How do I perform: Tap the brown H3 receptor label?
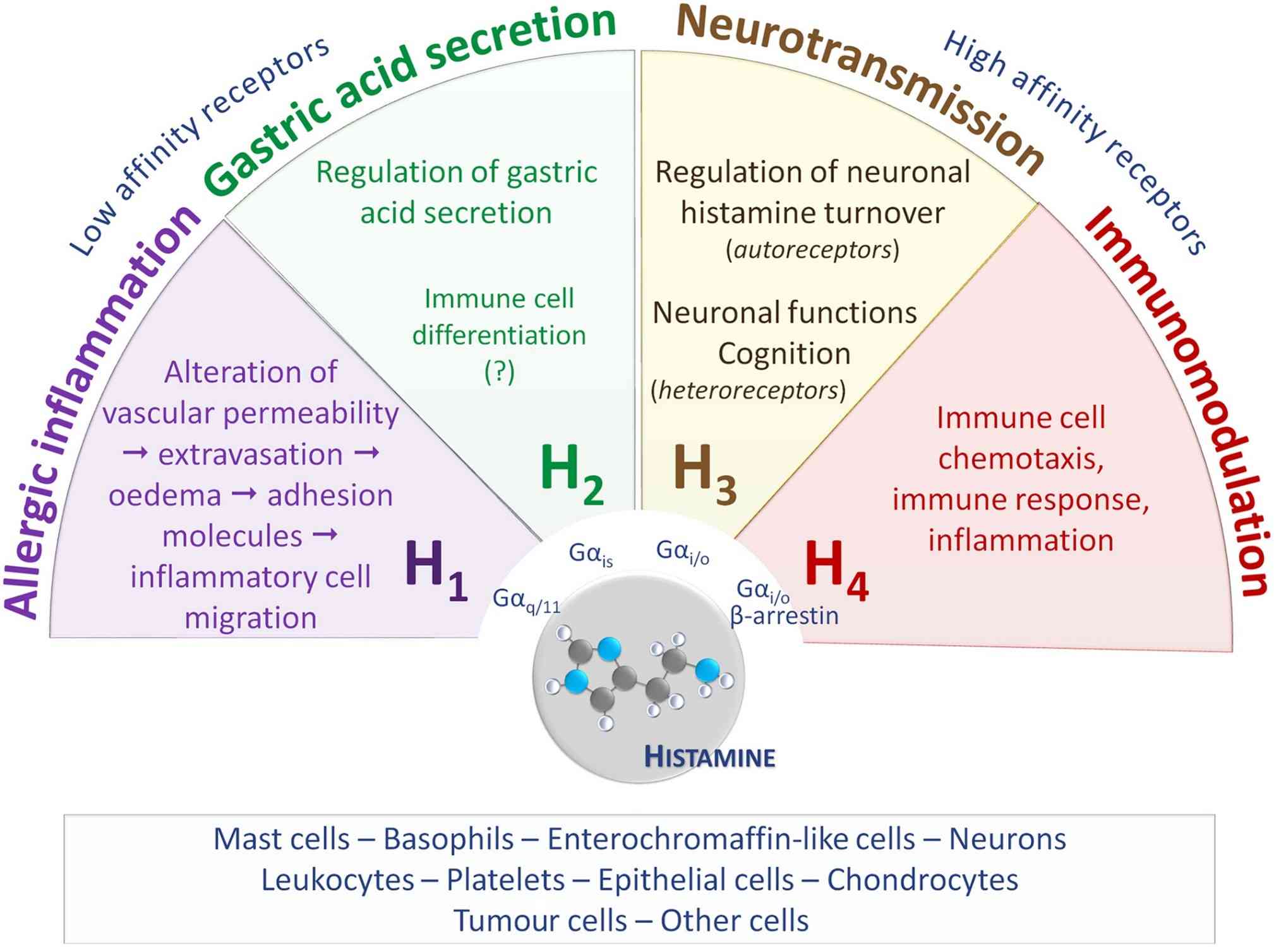point(705,474)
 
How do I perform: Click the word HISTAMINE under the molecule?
point(709,757)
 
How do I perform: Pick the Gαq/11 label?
point(526,600)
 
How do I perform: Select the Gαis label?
point(591,555)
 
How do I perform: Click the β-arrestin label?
point(784,615)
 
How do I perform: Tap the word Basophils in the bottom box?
point(448,839)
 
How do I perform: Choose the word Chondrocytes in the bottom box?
point(923,879)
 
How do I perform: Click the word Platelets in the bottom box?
point(505,879)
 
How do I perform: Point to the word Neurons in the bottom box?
point(1007,839)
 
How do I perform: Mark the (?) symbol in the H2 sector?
point(500,371)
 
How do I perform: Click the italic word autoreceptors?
point(812,250)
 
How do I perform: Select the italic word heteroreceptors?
point(748,390)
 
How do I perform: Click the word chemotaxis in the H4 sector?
point(1021,459)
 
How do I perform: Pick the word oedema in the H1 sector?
point(165,495)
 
